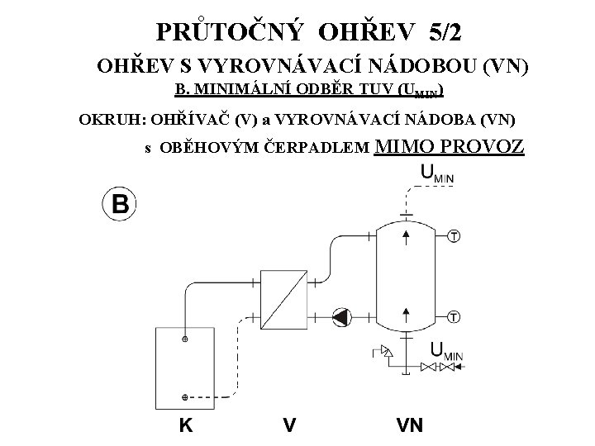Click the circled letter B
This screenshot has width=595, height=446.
tap(119, 205)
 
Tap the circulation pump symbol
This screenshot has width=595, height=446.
tap(340, 316)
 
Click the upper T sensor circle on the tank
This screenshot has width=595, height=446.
tap(454, 237)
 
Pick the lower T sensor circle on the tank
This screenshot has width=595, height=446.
tap(454, 317)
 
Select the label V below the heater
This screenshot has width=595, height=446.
tap(289, 426)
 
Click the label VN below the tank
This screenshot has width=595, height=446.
tap(409, 426)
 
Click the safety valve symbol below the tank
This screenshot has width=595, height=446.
tap(383, 354)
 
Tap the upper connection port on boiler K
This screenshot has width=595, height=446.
tap(185, 339)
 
